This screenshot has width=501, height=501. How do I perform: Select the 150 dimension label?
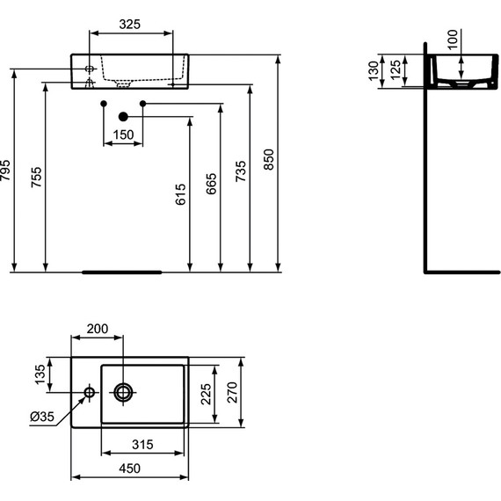click(123, 134)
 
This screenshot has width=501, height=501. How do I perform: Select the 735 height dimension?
click(242, 177)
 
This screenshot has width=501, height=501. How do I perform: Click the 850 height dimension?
click(270, 158)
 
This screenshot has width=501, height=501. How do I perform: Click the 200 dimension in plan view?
click(97, 329)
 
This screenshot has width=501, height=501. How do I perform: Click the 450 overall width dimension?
click(129, 469)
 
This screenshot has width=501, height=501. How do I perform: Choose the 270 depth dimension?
click(234, 392)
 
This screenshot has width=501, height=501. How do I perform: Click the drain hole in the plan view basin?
click(122, 392)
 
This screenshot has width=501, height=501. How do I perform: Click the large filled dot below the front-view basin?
click(123, 116)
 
